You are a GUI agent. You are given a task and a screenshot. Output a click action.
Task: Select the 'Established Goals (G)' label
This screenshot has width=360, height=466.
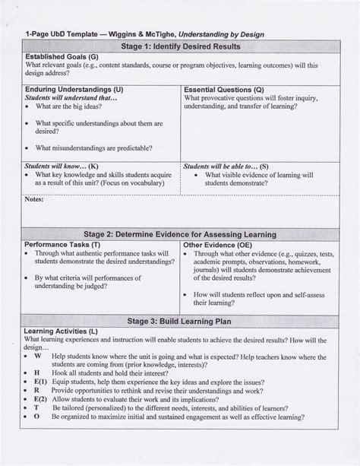coord(61,57)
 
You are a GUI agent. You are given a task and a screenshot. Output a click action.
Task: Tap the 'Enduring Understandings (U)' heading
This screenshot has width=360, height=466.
coord(74,90)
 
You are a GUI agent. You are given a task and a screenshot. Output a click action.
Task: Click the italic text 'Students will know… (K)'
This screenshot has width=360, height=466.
coord(62,166)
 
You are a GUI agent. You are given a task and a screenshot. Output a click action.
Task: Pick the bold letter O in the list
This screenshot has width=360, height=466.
coord(36,439)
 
